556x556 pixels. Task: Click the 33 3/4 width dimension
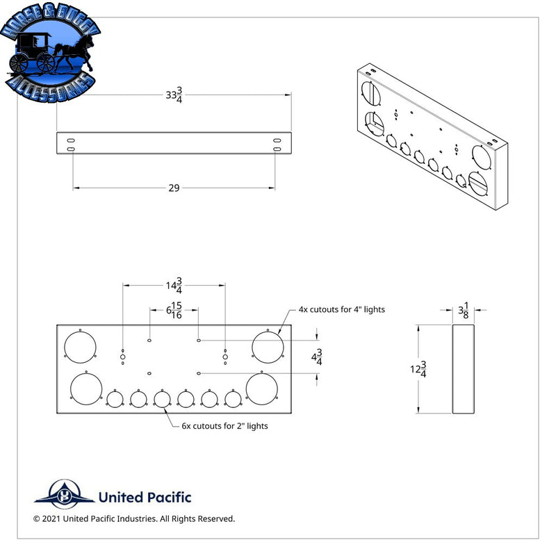pos(174,95)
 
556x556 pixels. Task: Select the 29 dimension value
pos(174,188)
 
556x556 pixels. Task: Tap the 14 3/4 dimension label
pos(174,286)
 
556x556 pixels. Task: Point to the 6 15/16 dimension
pos(174,310)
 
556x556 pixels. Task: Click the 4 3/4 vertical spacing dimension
pos(317,357)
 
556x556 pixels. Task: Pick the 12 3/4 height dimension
pos(418,369)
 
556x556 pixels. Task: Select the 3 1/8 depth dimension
pos(464,310)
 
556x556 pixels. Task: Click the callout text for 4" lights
pos(341,309)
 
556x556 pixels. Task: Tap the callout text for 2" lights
pos(224,426)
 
